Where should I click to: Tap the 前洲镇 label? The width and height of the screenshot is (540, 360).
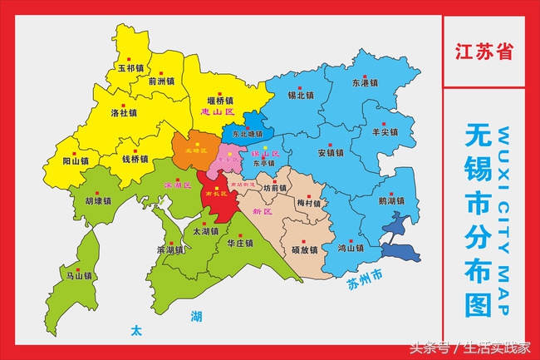[161, 81]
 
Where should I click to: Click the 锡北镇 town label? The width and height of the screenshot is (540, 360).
[300, 95]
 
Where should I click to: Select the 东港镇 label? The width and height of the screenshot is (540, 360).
[365, 83]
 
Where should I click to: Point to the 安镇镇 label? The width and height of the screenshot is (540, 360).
[330, 153]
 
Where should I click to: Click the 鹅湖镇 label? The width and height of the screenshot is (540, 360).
[390, 200]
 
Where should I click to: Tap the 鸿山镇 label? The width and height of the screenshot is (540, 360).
[351, 248]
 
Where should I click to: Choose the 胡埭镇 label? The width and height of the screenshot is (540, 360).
[98, 200]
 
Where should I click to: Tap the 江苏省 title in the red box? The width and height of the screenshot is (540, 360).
[484, 51]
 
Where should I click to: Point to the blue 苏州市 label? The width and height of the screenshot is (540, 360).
[365, 275]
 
